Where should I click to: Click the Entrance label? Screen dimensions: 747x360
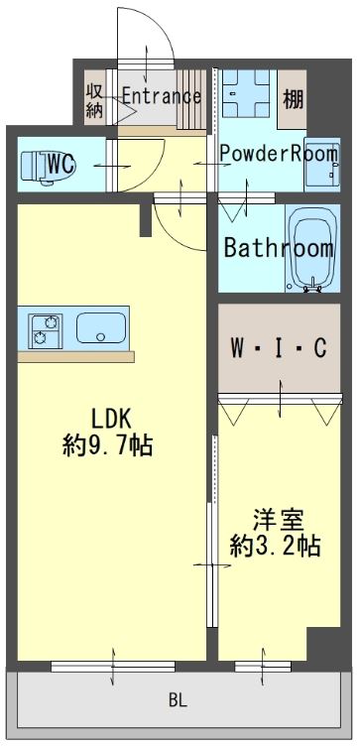click(161, 96)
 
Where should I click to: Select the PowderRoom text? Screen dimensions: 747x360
click(279, 154)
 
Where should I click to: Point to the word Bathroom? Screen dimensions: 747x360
click(277, 247)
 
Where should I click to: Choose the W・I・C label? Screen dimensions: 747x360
click(278, 348)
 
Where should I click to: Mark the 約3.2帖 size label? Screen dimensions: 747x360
click(276, 545)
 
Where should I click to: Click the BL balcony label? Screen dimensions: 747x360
click(177, 700)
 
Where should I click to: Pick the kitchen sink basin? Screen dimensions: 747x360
click(99, 327)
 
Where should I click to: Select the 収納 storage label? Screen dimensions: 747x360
click(94, 99)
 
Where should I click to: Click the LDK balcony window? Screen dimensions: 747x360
click(114, 665)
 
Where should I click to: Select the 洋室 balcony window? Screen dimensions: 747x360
click(265, 665)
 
